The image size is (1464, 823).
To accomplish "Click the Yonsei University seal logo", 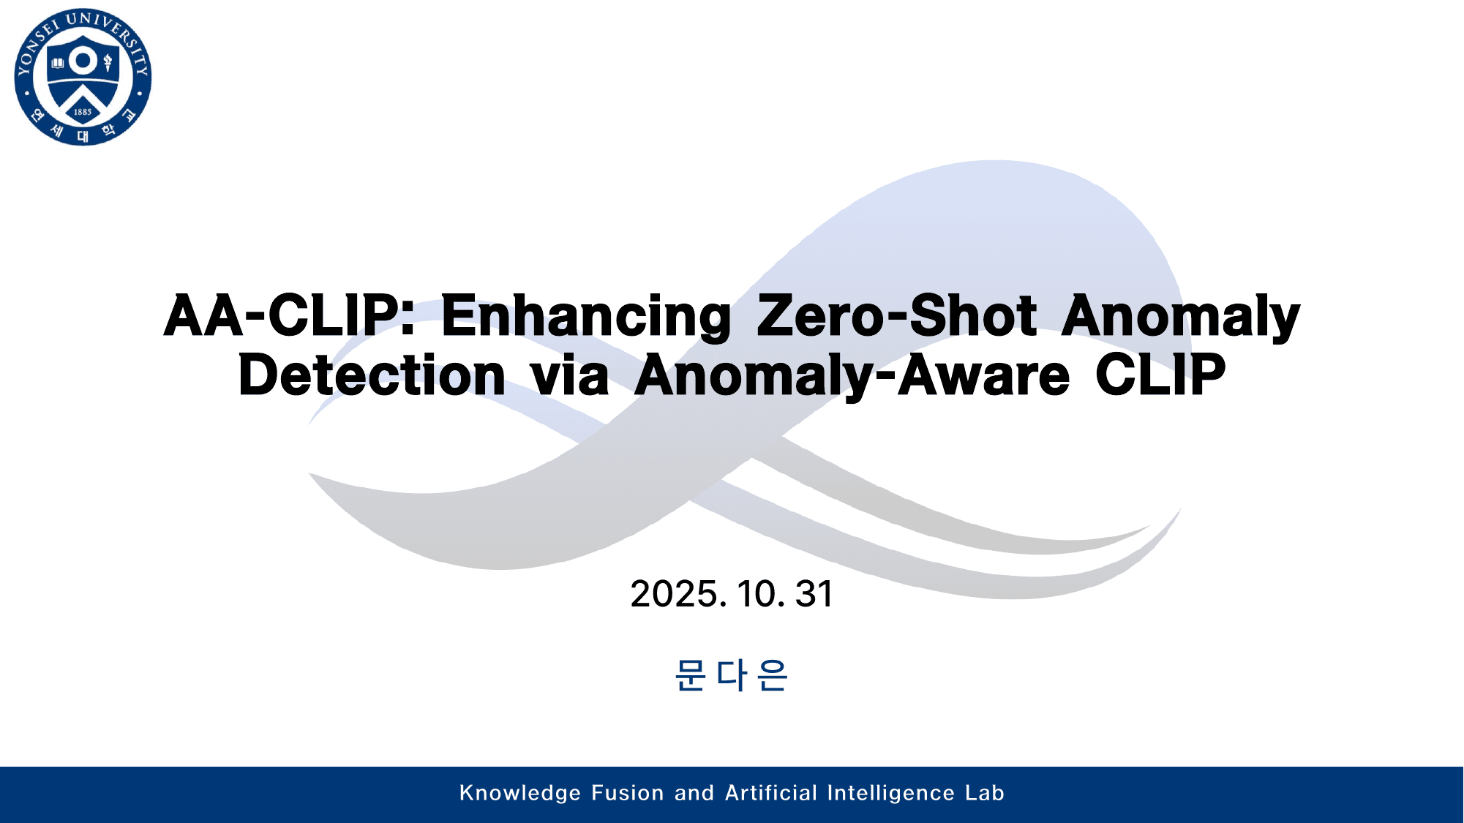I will click(x=83, y=77).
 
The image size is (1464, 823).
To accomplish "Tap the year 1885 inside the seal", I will click(x=83, y=112).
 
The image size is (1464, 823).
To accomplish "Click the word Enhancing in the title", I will click(x=585, y=317).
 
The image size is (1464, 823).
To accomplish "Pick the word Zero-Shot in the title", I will click(x=896, y=316).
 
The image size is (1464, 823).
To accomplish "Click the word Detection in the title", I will click(x=372, y=375).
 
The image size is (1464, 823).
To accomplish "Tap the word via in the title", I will click(x=570, y=375).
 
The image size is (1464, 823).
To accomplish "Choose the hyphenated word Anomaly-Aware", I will click(x=852, y=375).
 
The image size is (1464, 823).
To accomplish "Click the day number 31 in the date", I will click(x=814, y=594).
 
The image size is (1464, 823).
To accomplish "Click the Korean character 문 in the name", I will click(x=690, y=674).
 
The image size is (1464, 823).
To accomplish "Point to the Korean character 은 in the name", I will click(x=773, y=674).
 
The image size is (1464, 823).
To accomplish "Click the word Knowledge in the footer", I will click(x=520, y=794).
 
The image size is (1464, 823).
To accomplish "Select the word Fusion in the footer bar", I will click(x=627, y=793).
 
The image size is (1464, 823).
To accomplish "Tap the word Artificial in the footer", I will click(x=770, y=793).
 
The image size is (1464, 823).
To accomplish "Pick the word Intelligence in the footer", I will click(x=890, y=794).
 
